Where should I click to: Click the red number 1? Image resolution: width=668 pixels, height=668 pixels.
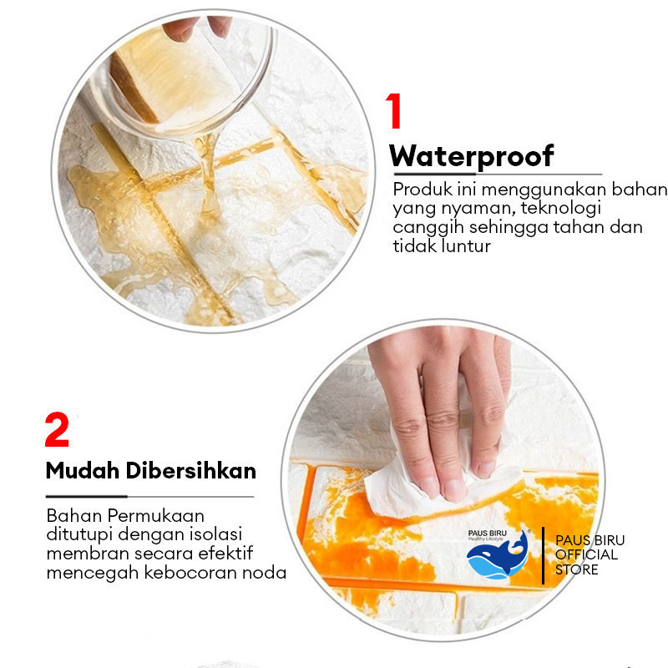point(394,111)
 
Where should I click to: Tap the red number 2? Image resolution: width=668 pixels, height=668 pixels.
point(57,429)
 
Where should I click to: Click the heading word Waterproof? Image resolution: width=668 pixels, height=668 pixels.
point(472,157)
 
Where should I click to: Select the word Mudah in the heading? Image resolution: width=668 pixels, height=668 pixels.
point(82,471)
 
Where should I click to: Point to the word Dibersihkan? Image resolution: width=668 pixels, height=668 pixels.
point(191,471)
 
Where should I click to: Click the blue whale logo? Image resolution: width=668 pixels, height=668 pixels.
point(498,555)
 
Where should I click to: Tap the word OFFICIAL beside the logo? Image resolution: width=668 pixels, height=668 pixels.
point(587,554)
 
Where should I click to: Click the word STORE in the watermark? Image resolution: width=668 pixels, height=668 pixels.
point(577,569)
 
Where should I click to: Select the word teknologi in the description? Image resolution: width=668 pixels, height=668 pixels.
point(560,208)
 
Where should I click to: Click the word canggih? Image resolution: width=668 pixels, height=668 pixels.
point(428,228)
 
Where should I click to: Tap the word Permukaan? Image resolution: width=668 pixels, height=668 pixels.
point(156,516)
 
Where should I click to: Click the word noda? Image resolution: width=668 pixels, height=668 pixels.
point(264,573)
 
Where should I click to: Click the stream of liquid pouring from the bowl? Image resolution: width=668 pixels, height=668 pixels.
point(207,175)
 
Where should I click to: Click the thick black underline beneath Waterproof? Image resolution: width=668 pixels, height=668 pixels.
point(434,175)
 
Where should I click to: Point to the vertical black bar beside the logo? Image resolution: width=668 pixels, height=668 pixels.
point(544,555)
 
